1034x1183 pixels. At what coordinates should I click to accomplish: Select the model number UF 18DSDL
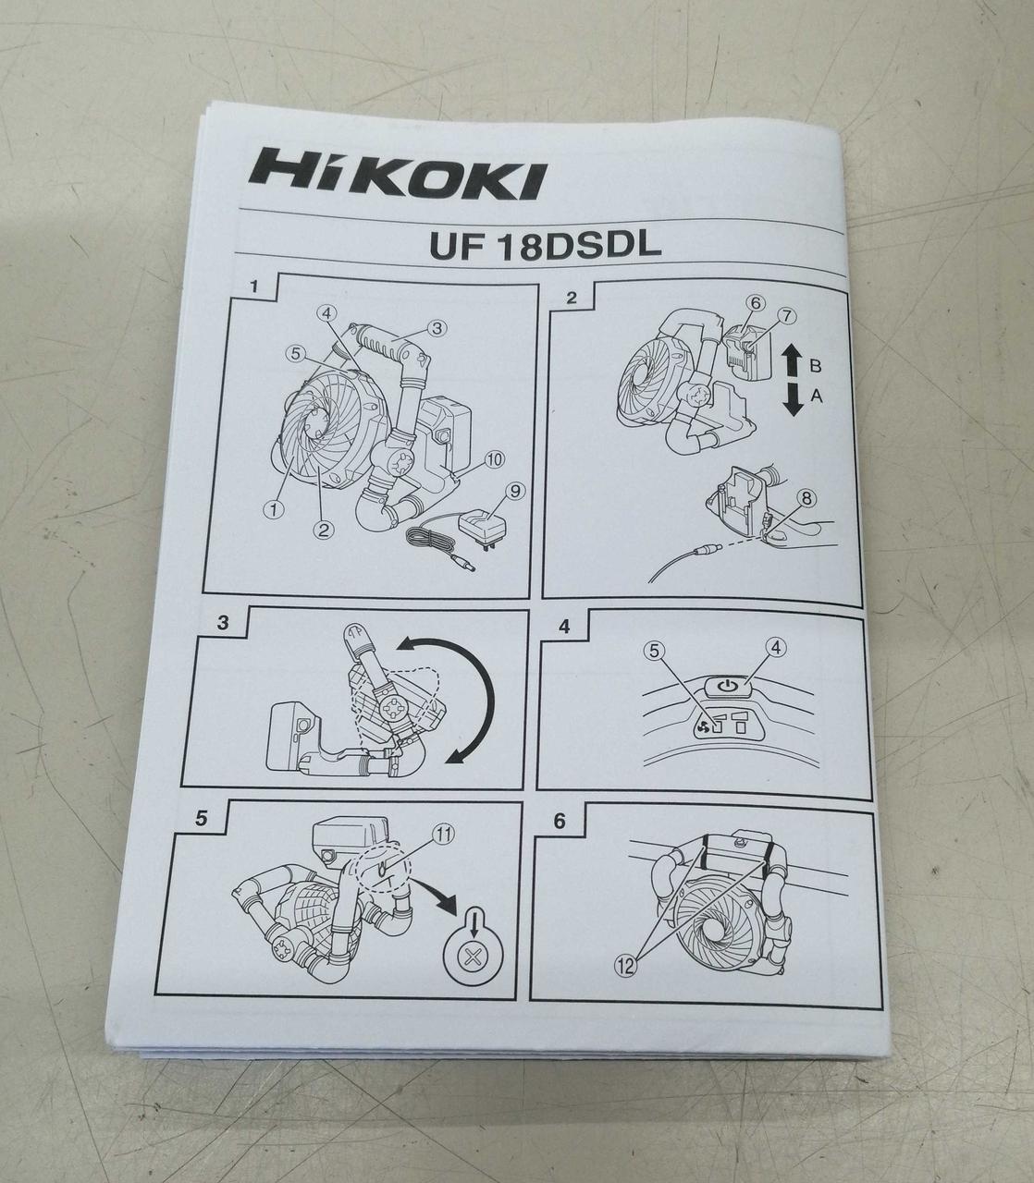545,247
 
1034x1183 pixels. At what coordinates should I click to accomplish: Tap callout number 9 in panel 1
513,492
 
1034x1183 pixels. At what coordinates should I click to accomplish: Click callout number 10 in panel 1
494,459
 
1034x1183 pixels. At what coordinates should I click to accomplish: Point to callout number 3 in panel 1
437,328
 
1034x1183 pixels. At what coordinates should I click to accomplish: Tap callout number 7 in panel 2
787,316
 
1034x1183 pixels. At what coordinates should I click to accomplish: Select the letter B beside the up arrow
815,366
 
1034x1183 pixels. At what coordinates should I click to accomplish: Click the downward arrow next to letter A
793,399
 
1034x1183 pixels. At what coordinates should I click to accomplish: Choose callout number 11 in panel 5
442,834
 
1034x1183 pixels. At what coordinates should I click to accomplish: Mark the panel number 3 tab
223,623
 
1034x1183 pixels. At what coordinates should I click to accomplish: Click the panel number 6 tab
559,821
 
